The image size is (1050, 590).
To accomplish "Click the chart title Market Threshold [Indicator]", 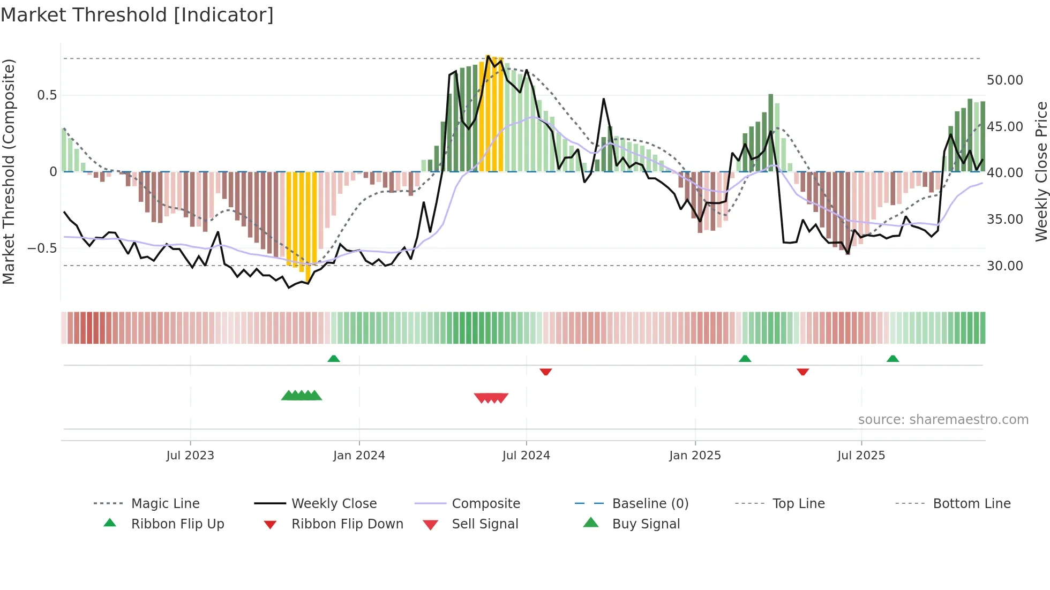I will (x=137, y=15).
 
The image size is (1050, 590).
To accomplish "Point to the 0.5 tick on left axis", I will (x=47, y=95).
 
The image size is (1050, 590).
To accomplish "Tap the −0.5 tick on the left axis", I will (x=42, y=248).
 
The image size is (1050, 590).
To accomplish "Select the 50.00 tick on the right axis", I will (x=1004, y=80).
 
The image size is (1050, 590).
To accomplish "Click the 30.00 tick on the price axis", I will (x=1004, y=266).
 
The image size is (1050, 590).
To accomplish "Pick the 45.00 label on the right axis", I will (x=1004, y=127).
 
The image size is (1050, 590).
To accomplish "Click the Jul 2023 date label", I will (x=190, y=456).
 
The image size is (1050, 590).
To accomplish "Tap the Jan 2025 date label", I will (x=695, y=456).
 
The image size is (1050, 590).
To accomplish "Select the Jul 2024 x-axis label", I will (x=526, y=456).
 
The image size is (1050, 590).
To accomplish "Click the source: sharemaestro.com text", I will (x=943, y=420).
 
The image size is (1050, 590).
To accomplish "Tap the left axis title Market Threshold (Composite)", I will (x=9, y=171).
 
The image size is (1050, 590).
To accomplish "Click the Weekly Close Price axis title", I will (x=1041, y=171).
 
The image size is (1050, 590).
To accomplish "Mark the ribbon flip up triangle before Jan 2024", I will (x=334, y=359).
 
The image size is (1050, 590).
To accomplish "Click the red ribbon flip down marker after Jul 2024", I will (x=545, y=372).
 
